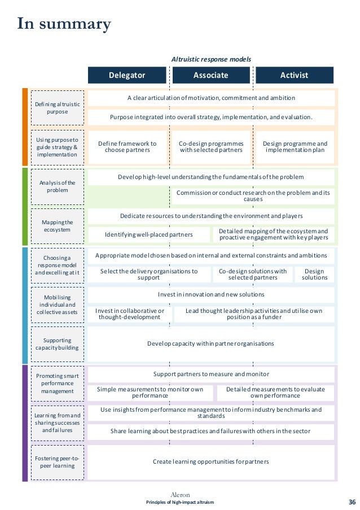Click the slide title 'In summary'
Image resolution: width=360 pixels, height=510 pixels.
tap(64, 24)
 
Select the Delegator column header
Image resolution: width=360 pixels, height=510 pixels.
tap(127, 75)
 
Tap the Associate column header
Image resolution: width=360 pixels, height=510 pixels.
tap(211, 75)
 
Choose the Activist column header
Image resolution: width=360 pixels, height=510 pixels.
tap(294, 75)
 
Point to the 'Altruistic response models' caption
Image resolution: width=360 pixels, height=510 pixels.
tap(211, 59)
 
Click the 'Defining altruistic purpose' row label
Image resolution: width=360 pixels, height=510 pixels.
tap(57, 108)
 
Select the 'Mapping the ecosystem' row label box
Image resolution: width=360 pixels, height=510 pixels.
tap(57, 225)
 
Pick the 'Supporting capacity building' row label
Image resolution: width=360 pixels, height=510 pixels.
tap(57, 344)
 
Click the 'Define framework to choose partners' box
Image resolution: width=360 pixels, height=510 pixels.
tap(128, 147)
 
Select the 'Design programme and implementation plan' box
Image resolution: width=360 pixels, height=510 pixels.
tap(295, 147)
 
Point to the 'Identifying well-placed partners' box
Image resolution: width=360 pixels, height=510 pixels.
tap(149, 234)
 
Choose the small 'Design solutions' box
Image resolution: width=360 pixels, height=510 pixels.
tap(314, 274)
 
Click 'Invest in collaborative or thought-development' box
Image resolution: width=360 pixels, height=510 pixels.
tap(130, 314)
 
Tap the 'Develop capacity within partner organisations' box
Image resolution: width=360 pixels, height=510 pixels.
tap(211, 343)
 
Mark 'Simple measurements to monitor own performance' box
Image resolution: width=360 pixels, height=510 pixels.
tap(150, 393)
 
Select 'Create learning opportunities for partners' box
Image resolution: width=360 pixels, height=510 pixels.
tap(211, 462)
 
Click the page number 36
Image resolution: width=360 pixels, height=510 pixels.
tap(352, 502)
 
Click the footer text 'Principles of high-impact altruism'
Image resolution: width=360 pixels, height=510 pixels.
tap(180, 502)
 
